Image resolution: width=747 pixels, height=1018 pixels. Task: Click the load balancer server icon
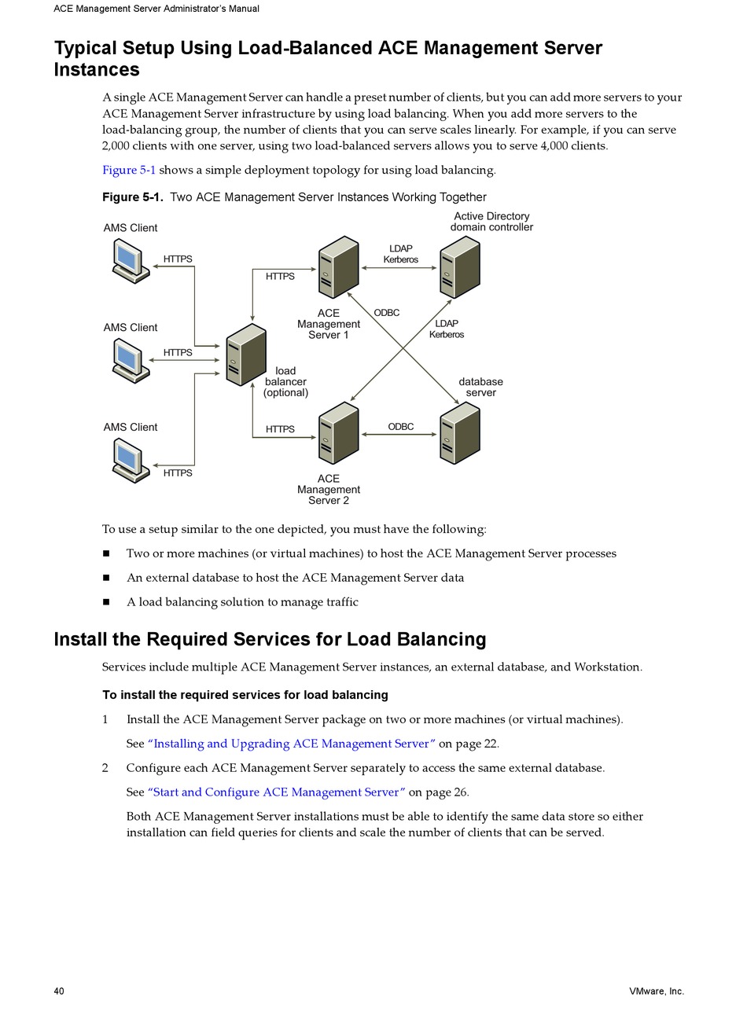click(x=246, y=355)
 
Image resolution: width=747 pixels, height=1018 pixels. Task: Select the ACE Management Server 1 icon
click(x=339, y=267)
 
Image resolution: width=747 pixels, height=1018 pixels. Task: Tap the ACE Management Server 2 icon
click(x=339, y=433)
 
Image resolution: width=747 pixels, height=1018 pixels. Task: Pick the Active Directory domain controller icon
click(x=460, y=267)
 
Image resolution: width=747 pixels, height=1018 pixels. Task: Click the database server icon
click(x=460, y=433)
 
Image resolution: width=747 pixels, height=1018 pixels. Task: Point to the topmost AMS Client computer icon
click(x=131, y=261)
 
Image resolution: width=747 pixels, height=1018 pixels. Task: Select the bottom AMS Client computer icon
click(x=131, y=461)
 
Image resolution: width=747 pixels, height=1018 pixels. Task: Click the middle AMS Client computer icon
click(x=131, y=361)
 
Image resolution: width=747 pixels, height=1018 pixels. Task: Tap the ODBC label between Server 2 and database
click(x=400, y=426)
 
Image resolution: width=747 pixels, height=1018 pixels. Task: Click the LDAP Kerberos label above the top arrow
click(x=400, y=254)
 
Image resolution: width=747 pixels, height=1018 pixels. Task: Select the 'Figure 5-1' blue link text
click(x=129, y=170)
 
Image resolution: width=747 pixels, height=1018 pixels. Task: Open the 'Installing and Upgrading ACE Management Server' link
click(x=292, y=744)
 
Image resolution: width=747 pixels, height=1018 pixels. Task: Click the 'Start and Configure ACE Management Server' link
click(x=277, y=792)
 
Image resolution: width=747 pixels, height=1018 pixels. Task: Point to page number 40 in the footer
click(x=59, y=991)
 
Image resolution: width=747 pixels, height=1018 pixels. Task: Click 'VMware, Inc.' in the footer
click(x=657, y=991)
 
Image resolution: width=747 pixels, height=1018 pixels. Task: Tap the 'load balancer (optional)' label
click(x=285, y=382)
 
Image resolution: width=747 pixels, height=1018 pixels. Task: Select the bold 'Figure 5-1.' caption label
click(x=133, y=197)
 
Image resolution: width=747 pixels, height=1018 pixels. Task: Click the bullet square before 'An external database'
click(x=106, y=578)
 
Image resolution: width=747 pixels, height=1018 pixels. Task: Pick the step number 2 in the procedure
click(x=105, y=768)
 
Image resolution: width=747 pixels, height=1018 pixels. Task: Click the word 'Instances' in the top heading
click(x=97, y=69)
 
